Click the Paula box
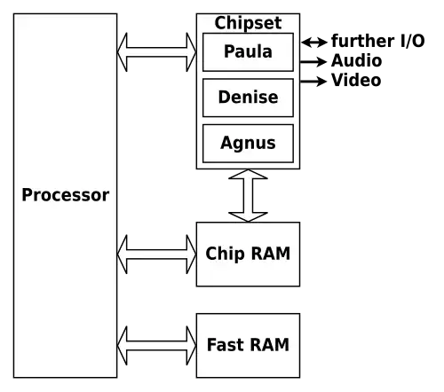[248, 52]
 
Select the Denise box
[248, 98]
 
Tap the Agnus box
[248, 144]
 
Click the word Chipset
[248, 23]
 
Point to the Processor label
[66, 195]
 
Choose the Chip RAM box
[248, 255]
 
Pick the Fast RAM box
[248, 346]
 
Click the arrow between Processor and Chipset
[156, 52]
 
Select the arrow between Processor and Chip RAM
[156, 255]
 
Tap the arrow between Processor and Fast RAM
[156, 346]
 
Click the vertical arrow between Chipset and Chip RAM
[248, 195]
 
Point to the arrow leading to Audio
[313, 62]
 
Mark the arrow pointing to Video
[313, 81]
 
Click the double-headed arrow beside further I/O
[314, 43]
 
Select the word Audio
[357, 60]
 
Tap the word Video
[356, 80]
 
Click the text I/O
[412, 41]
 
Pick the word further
[363, 41]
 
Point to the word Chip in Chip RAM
[226, 254]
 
